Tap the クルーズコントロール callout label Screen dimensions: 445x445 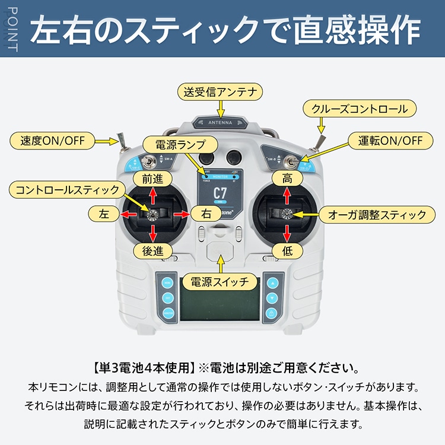pos(360,109)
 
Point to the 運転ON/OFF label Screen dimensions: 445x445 pos(390,141)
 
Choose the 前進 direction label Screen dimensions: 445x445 pos(152,177)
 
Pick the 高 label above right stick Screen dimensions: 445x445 pos(287,177)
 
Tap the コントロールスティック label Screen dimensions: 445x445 pos(68,190)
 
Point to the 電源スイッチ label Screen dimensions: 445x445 pos(220,281)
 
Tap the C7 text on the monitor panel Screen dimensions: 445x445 pos(220,193)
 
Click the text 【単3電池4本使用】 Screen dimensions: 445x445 pos(145,367)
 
